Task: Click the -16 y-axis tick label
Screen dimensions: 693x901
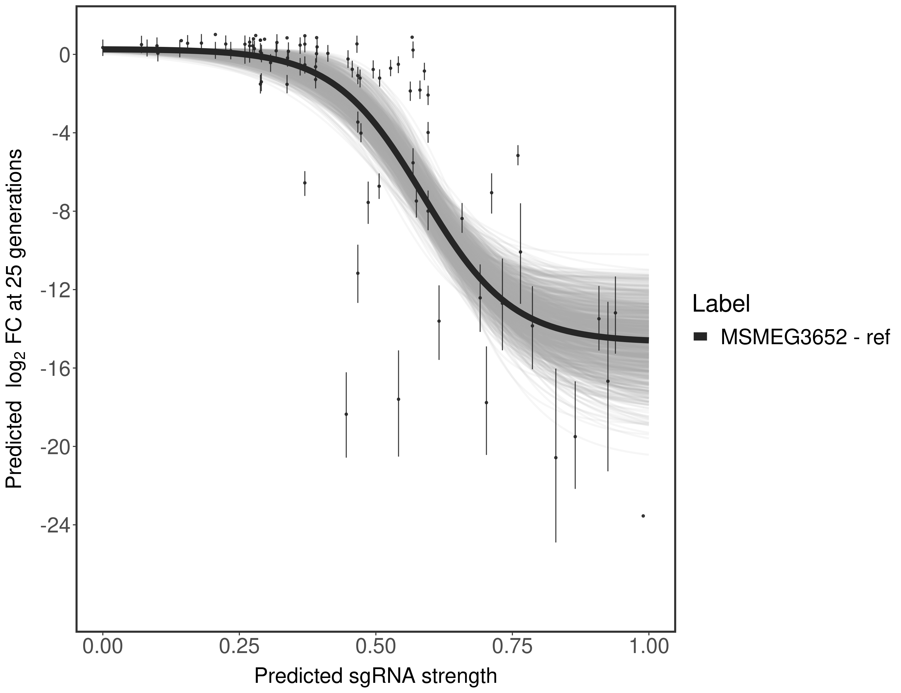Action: [x=54, y=368]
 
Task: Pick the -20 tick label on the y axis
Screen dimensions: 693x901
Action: [x=54, y=447]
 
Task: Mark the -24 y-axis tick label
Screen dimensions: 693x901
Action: [x=54, y=525]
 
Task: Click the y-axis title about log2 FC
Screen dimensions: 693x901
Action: [x=14, y=319]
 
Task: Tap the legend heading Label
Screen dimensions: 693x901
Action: [x=721, y=304]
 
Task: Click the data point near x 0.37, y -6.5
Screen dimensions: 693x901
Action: [x=304, y=183]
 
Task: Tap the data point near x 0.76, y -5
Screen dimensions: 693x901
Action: [x=518, y=155]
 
